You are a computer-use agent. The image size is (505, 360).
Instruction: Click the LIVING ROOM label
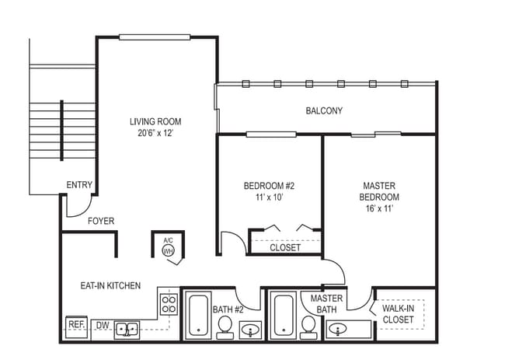coord(155,121)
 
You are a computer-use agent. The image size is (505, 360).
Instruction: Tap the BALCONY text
coord(324,110)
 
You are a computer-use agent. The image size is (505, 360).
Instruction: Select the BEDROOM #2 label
coord(269,186)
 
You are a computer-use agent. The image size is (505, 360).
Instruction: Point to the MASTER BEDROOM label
coord(379,191)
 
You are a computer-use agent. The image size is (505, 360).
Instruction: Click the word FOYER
coord(101,222)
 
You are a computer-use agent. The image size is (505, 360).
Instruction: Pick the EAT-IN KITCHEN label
coord(110,286)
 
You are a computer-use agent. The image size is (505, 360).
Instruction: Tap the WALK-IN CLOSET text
coord(399,314)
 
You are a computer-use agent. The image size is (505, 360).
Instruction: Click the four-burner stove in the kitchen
coord(168,302)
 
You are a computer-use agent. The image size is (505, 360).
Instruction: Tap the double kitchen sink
coord(127,330)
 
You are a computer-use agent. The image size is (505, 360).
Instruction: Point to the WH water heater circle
coord(168,251)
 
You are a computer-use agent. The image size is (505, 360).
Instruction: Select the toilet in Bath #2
coord(225,327)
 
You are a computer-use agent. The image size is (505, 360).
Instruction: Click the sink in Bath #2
coord(250,331)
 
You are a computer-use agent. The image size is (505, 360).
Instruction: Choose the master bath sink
coord(339,330)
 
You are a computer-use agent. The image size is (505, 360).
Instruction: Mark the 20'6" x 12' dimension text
coord(155,133)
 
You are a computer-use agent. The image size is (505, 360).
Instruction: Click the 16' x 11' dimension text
coord(379,209)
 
